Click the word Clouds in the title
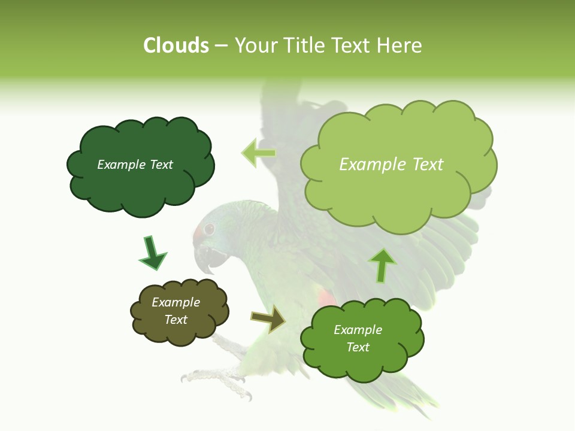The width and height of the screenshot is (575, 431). (x=175, y=45)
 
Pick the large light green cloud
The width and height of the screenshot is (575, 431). (x=398, y=192)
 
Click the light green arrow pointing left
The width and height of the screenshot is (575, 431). (x=258, y=153)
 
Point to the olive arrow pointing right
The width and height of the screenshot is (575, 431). (x=269, y=319)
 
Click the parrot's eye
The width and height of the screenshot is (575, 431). (x=209, y=229)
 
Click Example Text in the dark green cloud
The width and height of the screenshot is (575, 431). (x=135, y=165)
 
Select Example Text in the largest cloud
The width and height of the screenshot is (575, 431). (x=391, y=165)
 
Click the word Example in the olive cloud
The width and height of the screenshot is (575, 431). (x=175, y=302)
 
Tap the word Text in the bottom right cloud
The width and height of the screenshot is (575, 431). (x=358, y=347)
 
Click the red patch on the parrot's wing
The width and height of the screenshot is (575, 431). (x=325, y=297)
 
